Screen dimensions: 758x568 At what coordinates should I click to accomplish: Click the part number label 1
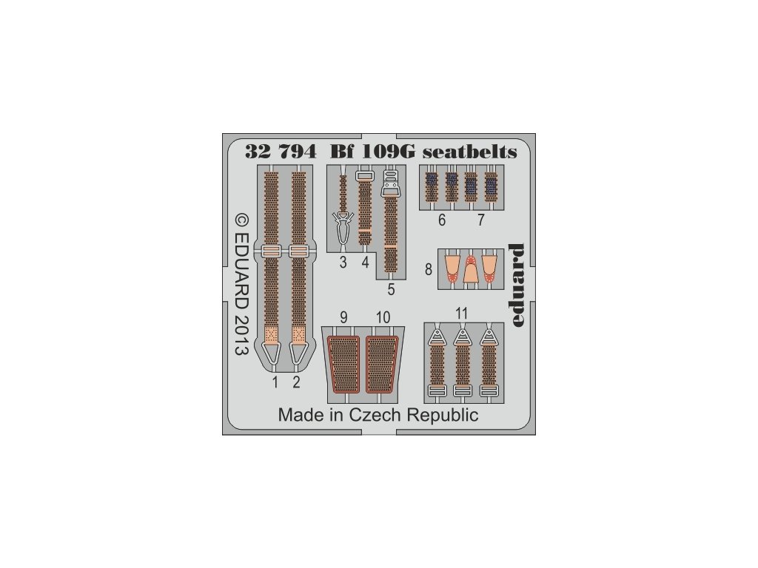[275, 382]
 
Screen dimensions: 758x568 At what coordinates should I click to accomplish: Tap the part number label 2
[296, 382]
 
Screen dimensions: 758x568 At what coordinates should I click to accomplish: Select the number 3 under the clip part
[343, 263]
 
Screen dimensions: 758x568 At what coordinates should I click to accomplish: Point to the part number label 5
[391, 290]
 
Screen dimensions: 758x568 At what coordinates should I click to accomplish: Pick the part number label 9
[343, 317]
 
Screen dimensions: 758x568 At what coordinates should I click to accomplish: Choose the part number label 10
[383, 317]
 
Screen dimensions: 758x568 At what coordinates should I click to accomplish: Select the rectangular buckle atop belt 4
[363, 176]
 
